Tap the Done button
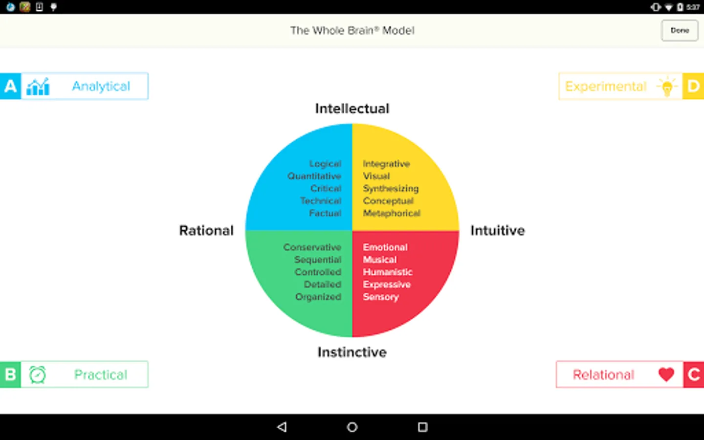[680, 30]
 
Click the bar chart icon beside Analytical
[38, 87]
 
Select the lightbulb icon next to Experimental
[667, 87]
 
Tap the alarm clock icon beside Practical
[38, 374]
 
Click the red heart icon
[666, 374]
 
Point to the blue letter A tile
[10, 86]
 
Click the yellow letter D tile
[693, 86]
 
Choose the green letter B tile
[10, 374]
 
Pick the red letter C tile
[694, 374]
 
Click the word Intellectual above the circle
[352, 109]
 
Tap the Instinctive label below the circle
[352, 352]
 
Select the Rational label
[206, 230]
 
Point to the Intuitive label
[498, 230]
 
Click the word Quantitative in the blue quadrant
[314, 176]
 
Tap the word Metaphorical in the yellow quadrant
[392, 213]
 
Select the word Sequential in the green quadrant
[318, 260]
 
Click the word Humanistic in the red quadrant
[388, 272]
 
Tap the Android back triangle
[282, 427]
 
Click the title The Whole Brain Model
[352, 30]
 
